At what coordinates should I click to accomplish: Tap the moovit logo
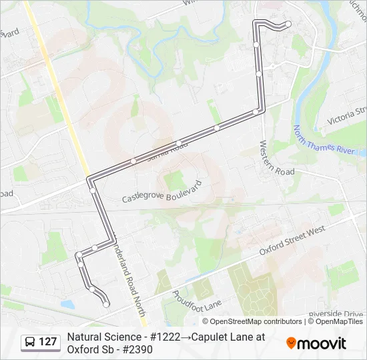point(316,343)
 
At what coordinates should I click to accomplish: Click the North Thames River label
point(324,140)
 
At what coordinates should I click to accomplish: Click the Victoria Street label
point(347,118)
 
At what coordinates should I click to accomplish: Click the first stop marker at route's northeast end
point(288,24)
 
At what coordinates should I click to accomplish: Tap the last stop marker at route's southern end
point(106,304)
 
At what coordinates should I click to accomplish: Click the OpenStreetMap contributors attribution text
point(247,321)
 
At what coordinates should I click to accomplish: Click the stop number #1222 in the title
point(161,337)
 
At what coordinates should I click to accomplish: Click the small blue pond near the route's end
point(67,305)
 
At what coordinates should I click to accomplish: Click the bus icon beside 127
point(30,342)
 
